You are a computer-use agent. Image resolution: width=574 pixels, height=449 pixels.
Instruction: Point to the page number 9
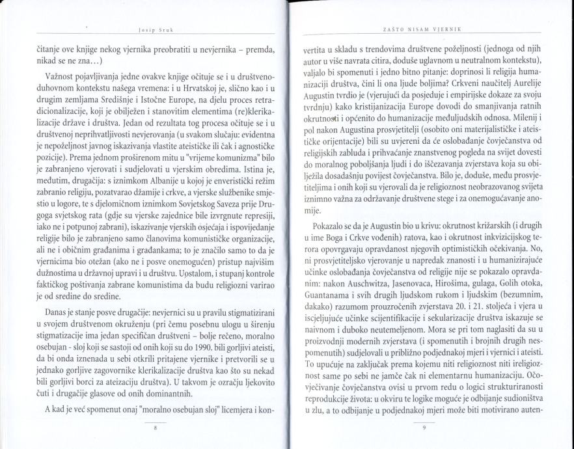tap(423, 428)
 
